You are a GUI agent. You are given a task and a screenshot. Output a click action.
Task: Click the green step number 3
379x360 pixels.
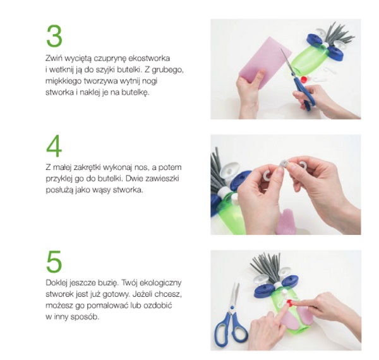(54, 36)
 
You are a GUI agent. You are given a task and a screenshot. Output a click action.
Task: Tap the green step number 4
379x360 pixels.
(54, 146)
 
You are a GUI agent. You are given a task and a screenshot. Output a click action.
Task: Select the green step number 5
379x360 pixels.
(54, 261)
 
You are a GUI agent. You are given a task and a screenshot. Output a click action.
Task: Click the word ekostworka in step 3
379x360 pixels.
(149, 58)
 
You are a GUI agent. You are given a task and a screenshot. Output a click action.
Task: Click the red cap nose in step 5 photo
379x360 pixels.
(289, 302)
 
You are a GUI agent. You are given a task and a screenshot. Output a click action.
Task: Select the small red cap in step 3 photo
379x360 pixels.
(304, 79)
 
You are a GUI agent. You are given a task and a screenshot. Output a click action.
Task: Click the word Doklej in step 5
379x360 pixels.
(56, 283)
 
